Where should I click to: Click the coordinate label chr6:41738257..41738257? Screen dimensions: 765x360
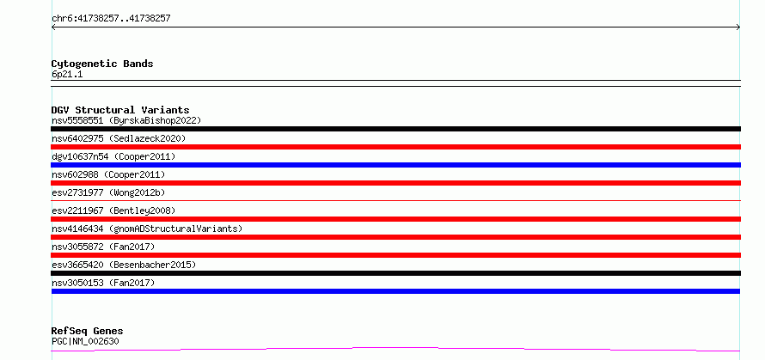click(111, 19)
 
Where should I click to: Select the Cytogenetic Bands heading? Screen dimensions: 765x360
click(102, 64)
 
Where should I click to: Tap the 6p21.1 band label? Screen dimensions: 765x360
click(67, 74)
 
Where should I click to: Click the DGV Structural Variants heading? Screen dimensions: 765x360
click(120, 110)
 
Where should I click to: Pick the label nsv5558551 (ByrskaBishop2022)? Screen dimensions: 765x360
click(126, 120)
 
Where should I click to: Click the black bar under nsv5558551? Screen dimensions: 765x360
click(395, 129)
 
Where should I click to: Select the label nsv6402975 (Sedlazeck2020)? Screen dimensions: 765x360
click(119, 138)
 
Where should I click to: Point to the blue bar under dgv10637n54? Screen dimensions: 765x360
click(395, 165)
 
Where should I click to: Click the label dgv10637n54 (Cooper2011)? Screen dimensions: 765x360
click(113, 156)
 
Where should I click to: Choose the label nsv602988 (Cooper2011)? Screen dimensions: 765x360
click(108, 174)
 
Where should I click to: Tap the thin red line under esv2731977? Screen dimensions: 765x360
click(395, 200)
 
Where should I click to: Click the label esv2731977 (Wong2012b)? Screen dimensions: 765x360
click(108, 192)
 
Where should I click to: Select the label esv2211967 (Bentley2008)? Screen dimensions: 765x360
click(113, 211)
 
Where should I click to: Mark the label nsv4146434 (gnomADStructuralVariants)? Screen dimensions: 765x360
click(147, 229)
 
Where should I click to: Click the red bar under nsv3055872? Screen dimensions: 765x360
click(395, 255)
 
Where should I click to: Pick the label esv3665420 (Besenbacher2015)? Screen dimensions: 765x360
click(124, 265)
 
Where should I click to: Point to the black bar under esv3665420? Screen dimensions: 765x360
click(395, 273)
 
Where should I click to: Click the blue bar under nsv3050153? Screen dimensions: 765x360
click(395, 291)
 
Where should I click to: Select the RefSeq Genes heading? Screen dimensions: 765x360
click(88, 332)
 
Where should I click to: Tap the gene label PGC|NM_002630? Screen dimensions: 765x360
click(85, 341)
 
